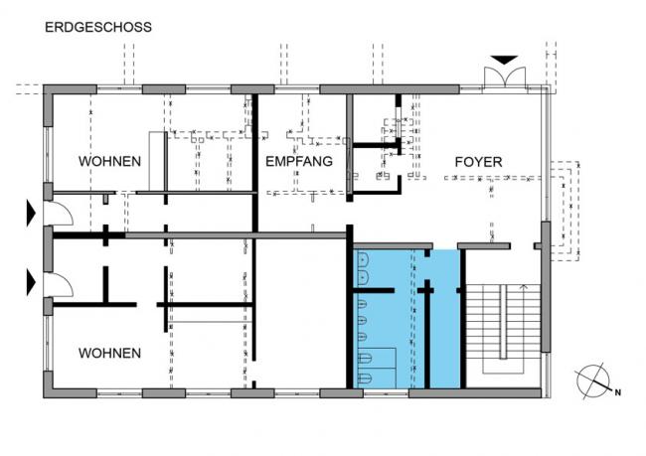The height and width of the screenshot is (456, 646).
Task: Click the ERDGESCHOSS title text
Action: coord(98,27)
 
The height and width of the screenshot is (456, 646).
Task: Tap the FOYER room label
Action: coord(478,162)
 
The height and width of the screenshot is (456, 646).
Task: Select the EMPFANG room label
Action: coord(299,161)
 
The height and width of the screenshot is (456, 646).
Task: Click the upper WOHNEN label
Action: coord(109,161)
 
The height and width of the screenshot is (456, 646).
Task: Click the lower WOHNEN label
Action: coord(109,353)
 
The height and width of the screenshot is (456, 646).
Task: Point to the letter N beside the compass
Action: coord(617,392)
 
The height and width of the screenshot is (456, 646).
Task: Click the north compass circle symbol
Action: coord(593,381)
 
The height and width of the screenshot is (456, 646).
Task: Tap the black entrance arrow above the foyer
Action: coord(504,61)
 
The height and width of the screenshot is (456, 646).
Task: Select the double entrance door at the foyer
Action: coord(505,76)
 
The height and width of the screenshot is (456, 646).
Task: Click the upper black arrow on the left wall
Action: coord(31,213)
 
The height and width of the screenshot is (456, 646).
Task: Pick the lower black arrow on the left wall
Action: coord(31,282)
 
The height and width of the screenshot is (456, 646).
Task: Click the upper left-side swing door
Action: coord(59,214)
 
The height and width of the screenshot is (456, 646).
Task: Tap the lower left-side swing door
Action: coord(59,285)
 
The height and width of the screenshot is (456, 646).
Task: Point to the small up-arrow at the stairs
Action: coord(523,288)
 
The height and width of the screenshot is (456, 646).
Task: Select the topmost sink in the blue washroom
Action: coord(363,260)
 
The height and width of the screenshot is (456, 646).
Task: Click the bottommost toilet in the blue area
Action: coord(365,378)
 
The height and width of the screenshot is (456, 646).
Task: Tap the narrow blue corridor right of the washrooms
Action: coord(445,319)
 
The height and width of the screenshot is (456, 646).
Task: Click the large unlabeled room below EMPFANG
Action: coord(301,313)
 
